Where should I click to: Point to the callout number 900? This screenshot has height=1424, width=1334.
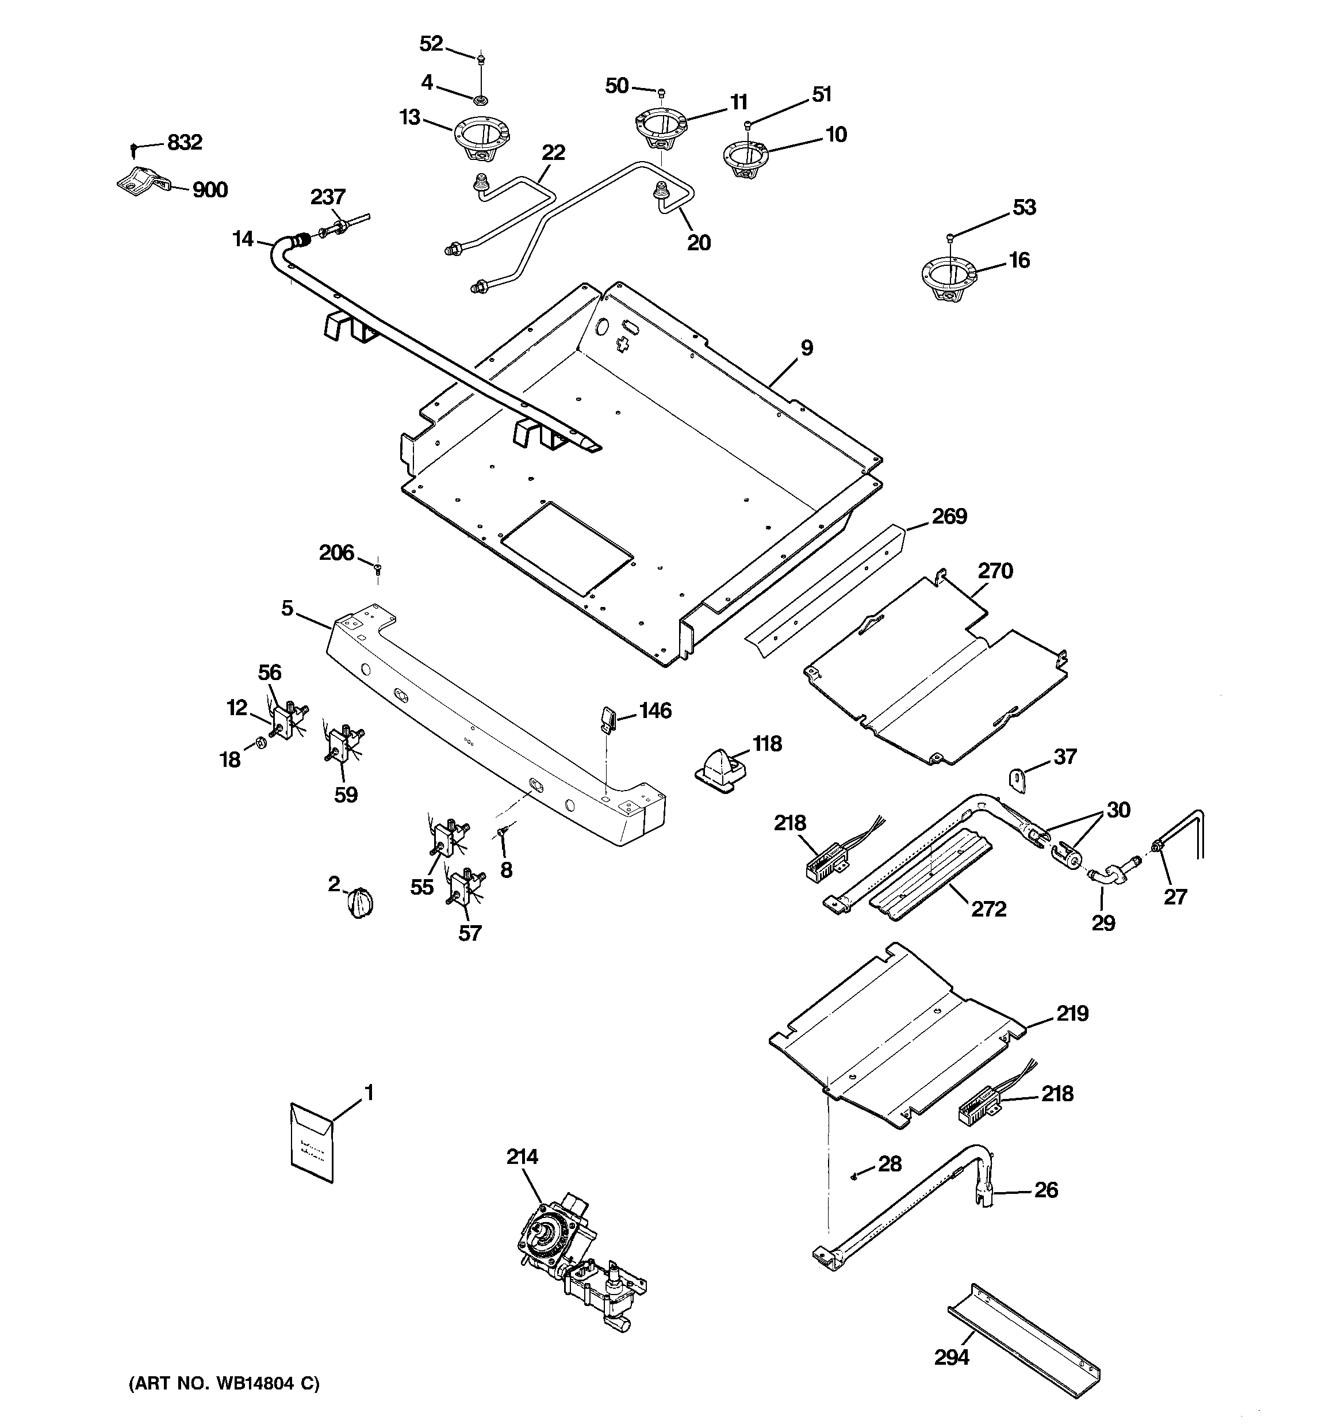click(x=210, y=190)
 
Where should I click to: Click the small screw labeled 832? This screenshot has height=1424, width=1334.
click(x=134, y=149)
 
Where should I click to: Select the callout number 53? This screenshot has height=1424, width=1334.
click(x=1024, y=207)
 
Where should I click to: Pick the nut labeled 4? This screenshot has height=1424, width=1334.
click(x=481, y=96)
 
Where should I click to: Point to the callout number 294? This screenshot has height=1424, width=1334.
click(x=952, y=1357)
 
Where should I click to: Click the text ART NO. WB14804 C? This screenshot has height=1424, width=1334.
click(x=224, y=1383)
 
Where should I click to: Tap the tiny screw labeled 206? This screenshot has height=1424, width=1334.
click(x=377, y=570)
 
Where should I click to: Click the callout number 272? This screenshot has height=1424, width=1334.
click(x=988, y=909)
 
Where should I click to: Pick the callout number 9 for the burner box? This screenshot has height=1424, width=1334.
click(x=806, y=348)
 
